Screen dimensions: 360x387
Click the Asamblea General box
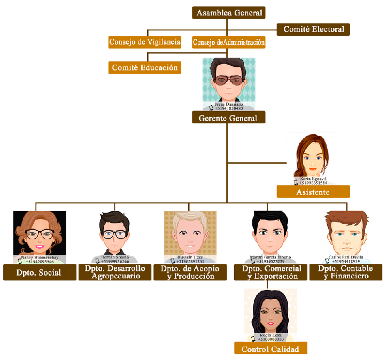[229, 13]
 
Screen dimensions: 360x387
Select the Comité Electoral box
[313, 29]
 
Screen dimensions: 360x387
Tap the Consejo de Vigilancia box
[144, 42]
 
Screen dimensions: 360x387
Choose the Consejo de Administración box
[229, 42]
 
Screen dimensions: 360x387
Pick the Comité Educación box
[144, 68]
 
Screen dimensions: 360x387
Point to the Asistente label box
[313, 192]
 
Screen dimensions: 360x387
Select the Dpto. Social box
[38, 272]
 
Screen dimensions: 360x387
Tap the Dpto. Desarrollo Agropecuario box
[115, 272]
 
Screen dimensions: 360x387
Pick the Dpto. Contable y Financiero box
[345, 272]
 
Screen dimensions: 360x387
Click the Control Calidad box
[270, 349]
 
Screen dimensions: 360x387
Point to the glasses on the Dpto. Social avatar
[38, 233]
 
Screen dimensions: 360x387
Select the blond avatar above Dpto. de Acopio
[190, 233]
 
